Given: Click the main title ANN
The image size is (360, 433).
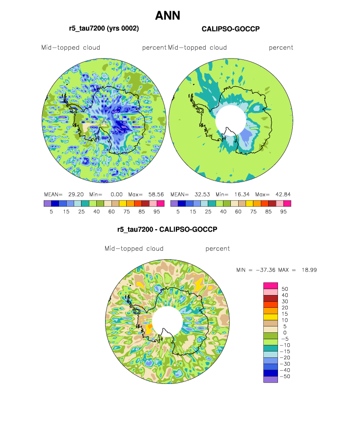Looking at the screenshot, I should pyautogui.click(x=168, y=16).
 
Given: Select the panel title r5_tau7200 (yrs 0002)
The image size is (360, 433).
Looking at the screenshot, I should pyautogui.click(x=104, y=29).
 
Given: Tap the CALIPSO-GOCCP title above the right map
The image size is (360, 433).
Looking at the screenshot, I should pyautogui.click(x=231, y=29).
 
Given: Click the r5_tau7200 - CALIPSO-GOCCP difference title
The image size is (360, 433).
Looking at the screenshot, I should pyautogui.click(x=167, y=229).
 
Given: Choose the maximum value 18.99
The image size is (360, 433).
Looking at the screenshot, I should pyautogui.click(x=307, y=270).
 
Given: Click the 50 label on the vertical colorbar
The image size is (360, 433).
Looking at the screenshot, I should pyautogui.click(x=285, y=289).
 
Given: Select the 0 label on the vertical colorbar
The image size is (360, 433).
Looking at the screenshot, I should pyautogui.click(x=285, y=332).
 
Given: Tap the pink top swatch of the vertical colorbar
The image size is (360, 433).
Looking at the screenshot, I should pyautogui.click(x=271, y=285).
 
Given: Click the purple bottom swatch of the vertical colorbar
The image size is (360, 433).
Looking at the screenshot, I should pyautogui.click(x=271, y=379).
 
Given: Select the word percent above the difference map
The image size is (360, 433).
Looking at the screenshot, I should pyautogui.click(x=218, y=248).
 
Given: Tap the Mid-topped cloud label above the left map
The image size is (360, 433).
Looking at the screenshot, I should pyautogui.click(x=71, y=48).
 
